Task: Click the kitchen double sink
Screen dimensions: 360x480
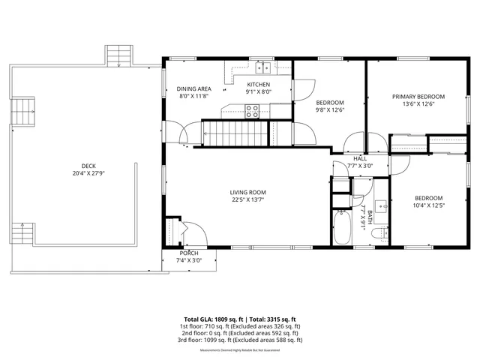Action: coord(259,66)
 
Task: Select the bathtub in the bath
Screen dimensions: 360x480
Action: coord(341,228)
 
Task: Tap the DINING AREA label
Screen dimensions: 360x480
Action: coord(193,88)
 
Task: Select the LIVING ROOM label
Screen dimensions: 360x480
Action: coord(247,193)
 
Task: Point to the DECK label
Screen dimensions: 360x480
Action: coord(88,166)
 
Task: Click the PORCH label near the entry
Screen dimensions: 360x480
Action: coord(188,253)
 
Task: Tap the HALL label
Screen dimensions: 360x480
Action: coord(360,159)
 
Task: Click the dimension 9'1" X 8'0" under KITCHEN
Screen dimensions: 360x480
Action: coord(258,93)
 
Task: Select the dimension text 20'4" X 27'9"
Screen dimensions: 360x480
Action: coord(88,173)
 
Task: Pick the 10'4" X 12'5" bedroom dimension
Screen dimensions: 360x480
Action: coord(428,205)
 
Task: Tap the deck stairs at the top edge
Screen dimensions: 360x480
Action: coord(117,55)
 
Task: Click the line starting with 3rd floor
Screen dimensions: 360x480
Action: coord(240,340)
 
